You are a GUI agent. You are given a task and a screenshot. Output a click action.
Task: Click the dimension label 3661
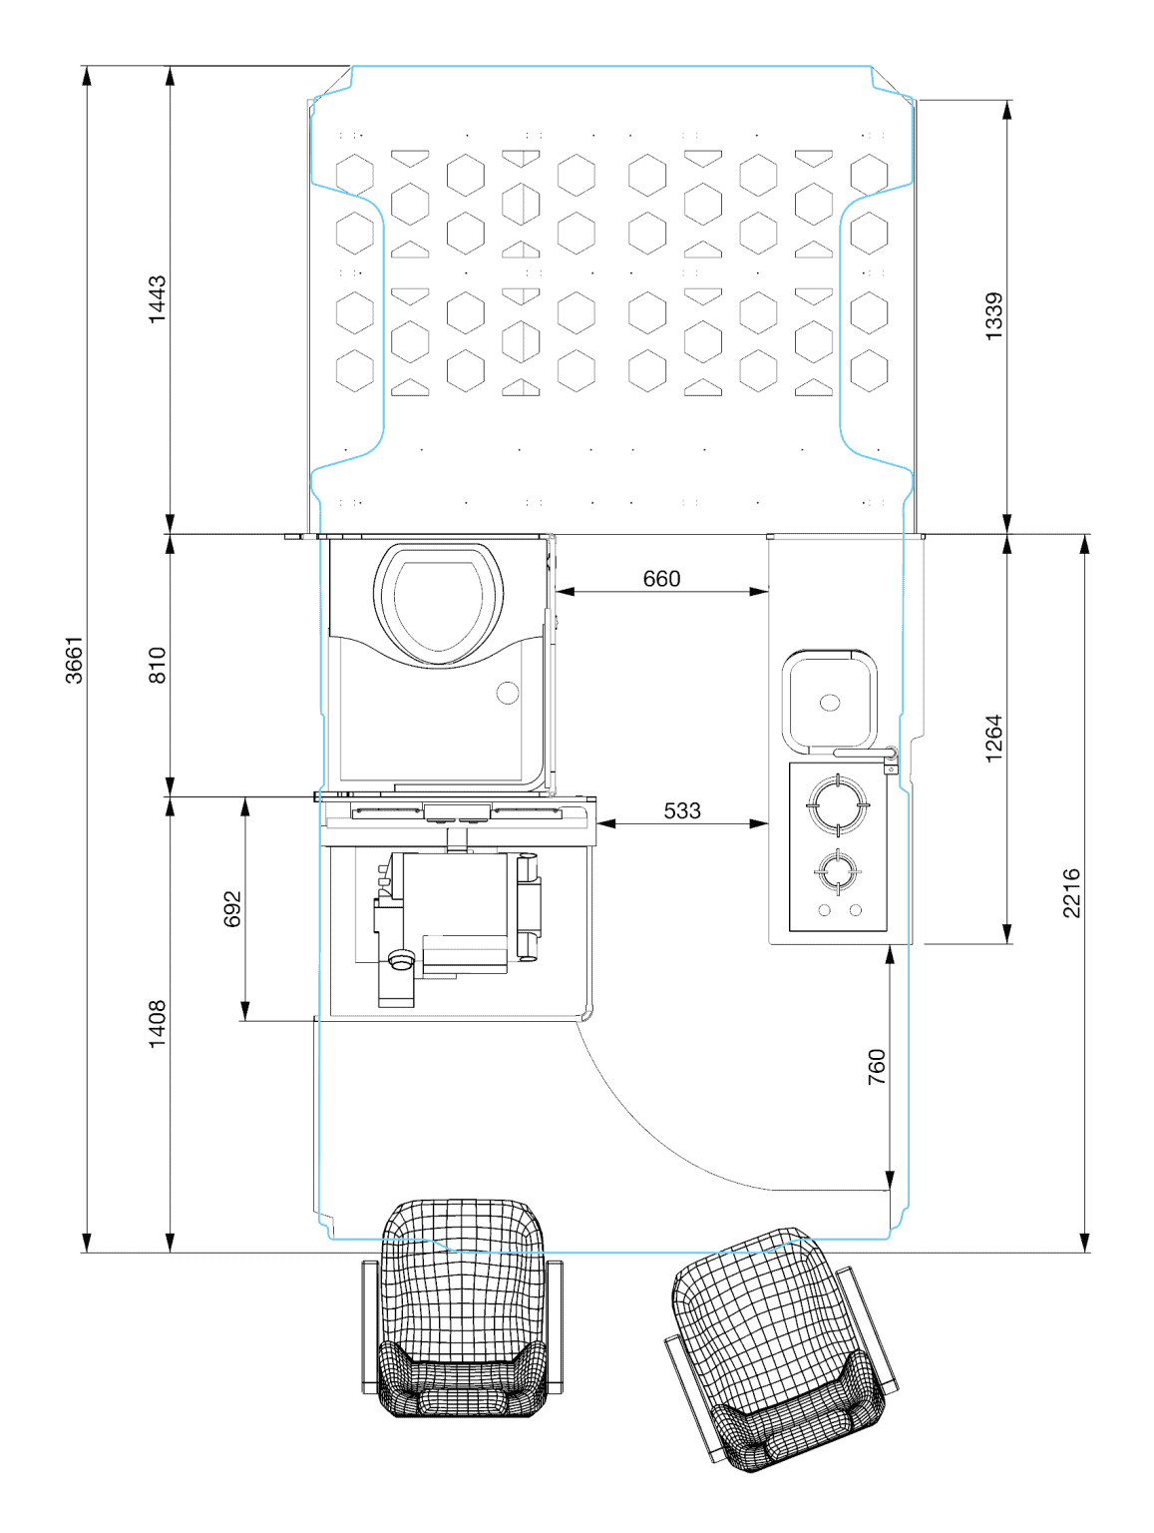click(x=73, y=659)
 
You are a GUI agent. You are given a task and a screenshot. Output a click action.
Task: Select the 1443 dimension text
click(x=157, y=299)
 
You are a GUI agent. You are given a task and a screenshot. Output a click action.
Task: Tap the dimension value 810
click(x=157, y=664)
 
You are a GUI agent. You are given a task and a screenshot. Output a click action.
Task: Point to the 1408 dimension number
click(x=157, y=1024)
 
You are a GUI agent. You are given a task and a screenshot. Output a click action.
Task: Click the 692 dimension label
click(x=231, y=908)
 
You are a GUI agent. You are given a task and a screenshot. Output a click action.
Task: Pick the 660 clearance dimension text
click(x=660, y=578)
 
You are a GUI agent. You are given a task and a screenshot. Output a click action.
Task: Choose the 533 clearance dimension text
click(x=681, y=810)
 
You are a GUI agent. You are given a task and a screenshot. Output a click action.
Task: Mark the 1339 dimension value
click(x=992, y=315)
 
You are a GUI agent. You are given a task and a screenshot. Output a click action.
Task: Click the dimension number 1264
click(x=992, y=738)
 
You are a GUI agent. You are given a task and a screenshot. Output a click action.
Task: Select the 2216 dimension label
click(x=1070, y=892)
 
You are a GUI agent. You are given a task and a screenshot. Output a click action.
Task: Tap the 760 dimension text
click(x=876, y=1067)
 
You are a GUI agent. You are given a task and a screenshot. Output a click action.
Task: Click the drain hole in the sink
click(x=829, y=702)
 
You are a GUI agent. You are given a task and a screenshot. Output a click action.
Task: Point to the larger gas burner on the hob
click(x=837, y=804)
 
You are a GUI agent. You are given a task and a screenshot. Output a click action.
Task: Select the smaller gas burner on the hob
click(x=837, y=871)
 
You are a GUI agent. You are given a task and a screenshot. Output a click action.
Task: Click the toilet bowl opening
click(x=438, y=605)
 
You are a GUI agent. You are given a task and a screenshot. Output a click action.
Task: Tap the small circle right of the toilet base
click(x=508, y=692)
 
